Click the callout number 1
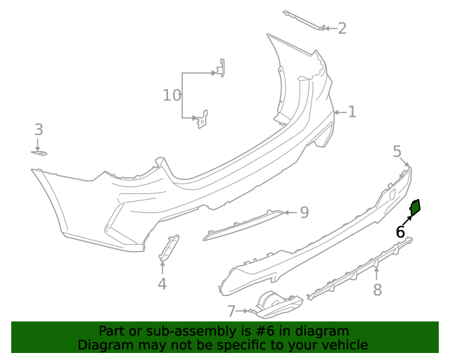[x=352, y=112]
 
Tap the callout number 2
[x=342, y=28]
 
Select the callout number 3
[x=39, y=129]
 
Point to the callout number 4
[x=162, y=284]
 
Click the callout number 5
[x=397, y=151]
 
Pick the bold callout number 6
[x=400, y=231]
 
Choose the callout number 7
[x=231, y=310]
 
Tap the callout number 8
[x=377, y=289]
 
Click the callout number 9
[x=304, y=212]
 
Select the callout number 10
[x=172, y=95]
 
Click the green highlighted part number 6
[x=416, y=206]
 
